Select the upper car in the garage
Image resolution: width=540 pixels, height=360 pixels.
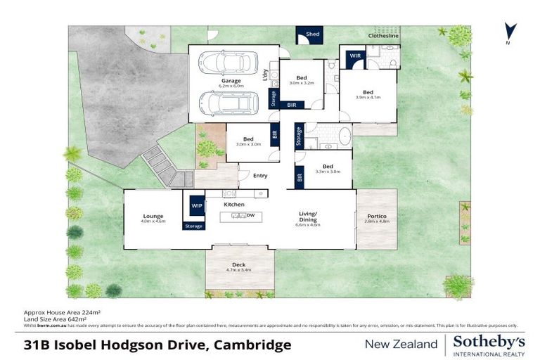click(x=227, y=63)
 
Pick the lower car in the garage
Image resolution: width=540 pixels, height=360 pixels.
click(x=227, y=103)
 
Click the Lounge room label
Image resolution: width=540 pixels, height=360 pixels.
click(x=153, y=219)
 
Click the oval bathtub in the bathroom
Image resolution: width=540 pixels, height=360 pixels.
click(x=344, y=136)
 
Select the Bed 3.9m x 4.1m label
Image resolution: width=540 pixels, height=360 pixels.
click(x=368, y=94)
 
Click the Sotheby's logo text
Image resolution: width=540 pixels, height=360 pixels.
click(x=489, y=341)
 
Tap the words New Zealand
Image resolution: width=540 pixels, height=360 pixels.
click(x=400, y=344)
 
